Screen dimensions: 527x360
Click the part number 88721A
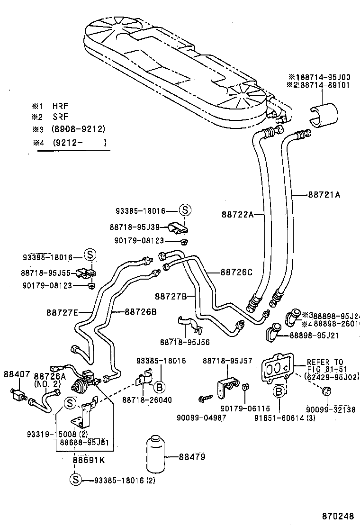(324, 194)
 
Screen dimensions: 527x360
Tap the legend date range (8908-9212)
(79, 129)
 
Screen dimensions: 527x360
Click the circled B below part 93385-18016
(160, 388)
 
